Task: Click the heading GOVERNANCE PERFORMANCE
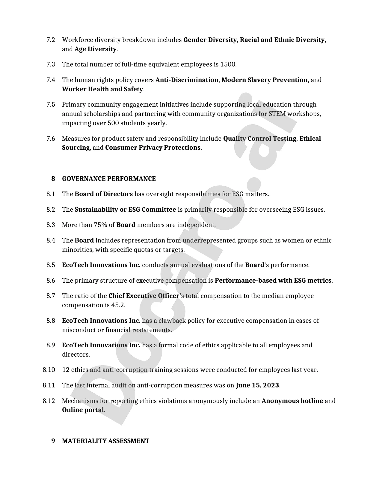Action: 109,179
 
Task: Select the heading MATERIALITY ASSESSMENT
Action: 105,441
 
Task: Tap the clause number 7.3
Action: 51,64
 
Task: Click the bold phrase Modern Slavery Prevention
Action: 264,80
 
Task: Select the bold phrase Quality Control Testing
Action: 259,139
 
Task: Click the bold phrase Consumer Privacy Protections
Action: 153,148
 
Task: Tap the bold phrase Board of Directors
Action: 103,194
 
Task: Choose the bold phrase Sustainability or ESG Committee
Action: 125,210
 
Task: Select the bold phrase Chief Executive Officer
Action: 144,296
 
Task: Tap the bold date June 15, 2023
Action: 257,385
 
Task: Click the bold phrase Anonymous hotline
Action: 292,401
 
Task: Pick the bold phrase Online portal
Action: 83,410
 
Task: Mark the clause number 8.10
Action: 49,370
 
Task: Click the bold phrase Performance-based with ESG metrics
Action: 273,281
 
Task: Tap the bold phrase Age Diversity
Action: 95,49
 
